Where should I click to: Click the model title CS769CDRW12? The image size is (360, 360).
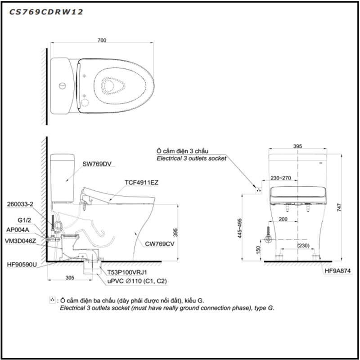[x=46, y=12]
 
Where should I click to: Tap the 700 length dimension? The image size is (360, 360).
[x=102, y=40]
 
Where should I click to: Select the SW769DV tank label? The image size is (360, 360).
[x=97, y=164]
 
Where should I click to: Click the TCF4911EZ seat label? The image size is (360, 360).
[x=141, y=183]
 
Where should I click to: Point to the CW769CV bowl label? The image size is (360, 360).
[x=160, y=244]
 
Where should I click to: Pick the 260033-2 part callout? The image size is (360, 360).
[x=20, y=204]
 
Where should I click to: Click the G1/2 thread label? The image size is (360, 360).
[x=24, y=220]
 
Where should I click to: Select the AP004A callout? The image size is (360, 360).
[x=18, y=229]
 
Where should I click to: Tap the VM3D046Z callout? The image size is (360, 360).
[x=20, y=241]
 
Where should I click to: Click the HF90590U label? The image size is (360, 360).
[x=22, y=265]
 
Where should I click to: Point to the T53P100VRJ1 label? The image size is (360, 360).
[x=127, y=272]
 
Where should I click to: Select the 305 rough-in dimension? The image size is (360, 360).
[x=70, y=278]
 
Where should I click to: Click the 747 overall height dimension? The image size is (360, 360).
[x=339, y=207]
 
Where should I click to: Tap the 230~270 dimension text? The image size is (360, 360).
[x=281, y=178]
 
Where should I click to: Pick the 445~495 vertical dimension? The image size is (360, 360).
[x=239, y=228]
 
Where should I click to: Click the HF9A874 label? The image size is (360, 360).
[x=337, y=271]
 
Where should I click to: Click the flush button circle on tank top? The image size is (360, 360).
[x=62, y=86]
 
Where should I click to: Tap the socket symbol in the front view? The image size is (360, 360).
[x=259, y=190]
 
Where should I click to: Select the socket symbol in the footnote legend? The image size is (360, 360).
[x=52, y=300]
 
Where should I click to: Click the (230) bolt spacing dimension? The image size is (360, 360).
[x=303, y=246]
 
